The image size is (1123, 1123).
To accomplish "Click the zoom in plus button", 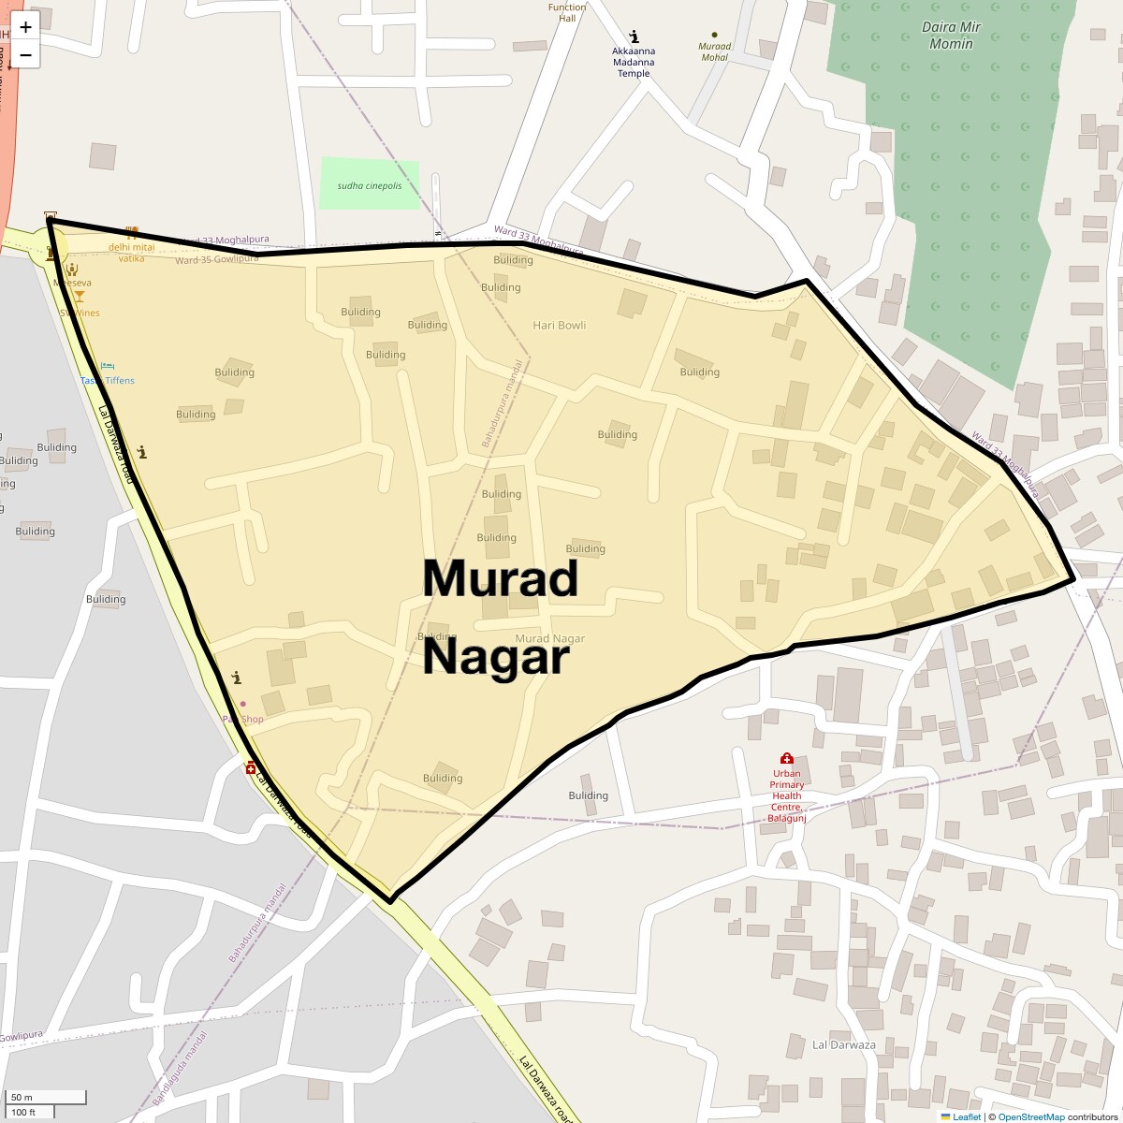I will [x=25, y=27].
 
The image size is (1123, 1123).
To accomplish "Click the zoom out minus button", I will [x=25, y=55].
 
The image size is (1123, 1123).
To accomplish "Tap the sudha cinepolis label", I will [x=370, y=185].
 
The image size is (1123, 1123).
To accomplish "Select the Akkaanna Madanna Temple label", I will [x=634, y=62].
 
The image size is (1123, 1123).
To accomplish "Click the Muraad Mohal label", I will [x=714, y=51].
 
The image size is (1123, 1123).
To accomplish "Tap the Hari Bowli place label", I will [x=559, y=326].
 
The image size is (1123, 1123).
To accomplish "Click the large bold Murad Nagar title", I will [x=499, y=617].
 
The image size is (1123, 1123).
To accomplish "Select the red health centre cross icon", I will [x=786, y=758].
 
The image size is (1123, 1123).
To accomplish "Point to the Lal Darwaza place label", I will [x=843, y=1044].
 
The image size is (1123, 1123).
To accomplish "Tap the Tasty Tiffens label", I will [x=107, y=381].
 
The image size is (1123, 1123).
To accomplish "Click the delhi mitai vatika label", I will [x=131, y=253].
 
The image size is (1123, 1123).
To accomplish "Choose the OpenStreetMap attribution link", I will [x=1030, y=1116].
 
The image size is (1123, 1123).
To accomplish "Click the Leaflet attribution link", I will [x=967, y=1116].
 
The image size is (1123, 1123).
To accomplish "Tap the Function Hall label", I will [x=567, y=12].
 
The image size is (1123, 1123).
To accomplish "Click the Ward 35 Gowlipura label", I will [x=216, y=259].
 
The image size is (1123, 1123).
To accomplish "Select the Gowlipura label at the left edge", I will [x=21, y=1037].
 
